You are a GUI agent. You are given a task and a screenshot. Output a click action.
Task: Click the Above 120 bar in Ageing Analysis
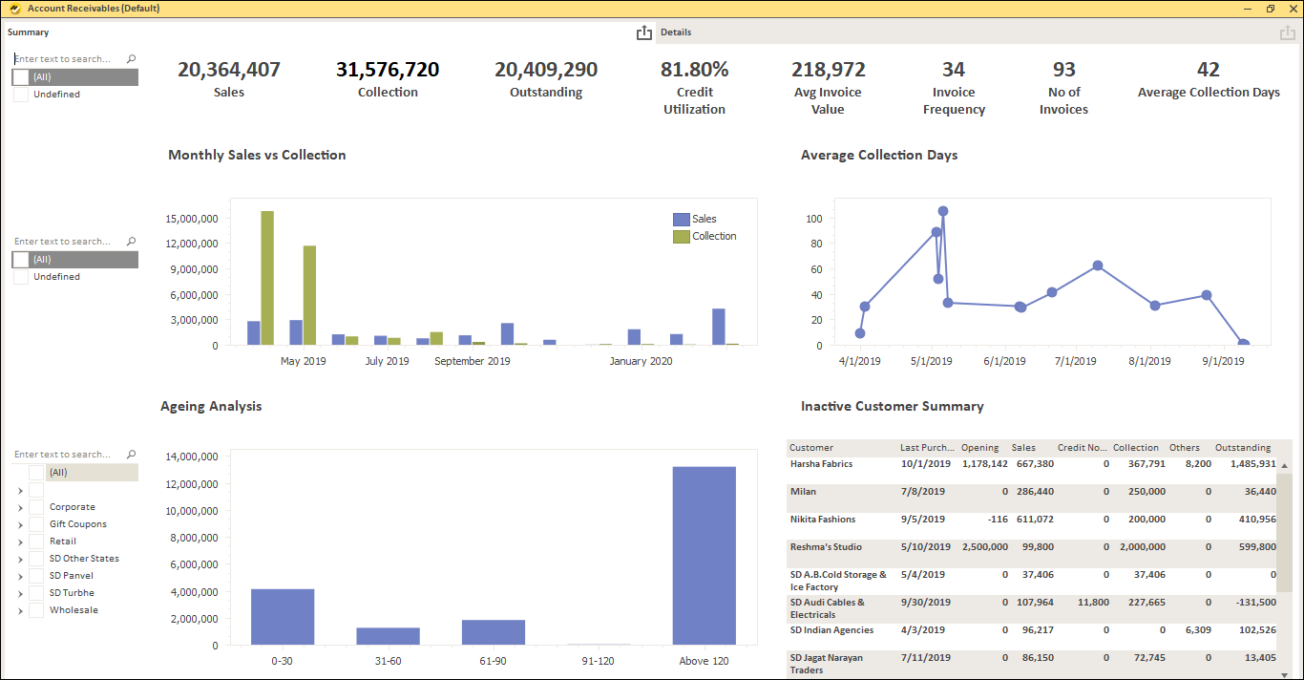coord(704,555)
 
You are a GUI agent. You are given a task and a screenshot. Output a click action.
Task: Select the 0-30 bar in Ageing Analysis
coord(283,616)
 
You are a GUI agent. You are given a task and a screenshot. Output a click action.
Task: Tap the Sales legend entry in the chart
coord(704,219)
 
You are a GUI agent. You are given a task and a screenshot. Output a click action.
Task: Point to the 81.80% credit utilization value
coord(694,70)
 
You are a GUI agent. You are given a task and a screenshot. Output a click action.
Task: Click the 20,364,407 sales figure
coord(229,70)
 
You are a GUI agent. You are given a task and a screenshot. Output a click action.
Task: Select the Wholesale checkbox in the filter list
coord(36,610)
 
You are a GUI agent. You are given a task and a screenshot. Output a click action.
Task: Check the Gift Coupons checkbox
coord(36,524)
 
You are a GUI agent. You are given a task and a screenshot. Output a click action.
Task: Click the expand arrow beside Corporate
coord(20,507)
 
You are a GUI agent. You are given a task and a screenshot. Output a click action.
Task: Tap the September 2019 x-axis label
coord(472,361)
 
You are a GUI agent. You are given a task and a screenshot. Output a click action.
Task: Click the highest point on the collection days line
coord(943,211)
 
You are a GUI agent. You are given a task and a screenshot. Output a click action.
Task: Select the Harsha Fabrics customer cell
coord(821,464)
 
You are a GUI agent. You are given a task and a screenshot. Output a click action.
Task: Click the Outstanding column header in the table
coord(1242,447)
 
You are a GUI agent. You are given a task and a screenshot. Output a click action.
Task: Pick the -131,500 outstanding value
coord(1251,603)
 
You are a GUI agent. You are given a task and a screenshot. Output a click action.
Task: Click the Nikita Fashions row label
coord(822,520)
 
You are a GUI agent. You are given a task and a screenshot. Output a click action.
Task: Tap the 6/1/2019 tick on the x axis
coord(1004,361)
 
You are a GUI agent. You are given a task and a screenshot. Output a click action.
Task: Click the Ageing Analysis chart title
coord(211,406)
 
